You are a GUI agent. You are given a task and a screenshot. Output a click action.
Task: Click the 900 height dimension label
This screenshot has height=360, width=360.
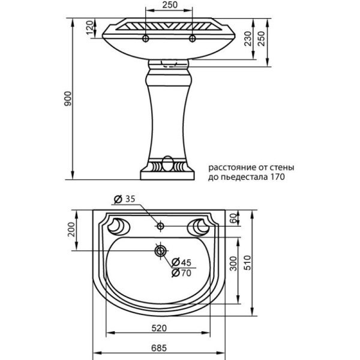point(68,100)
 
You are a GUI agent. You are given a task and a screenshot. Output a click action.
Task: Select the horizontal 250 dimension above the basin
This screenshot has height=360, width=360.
point(169,5)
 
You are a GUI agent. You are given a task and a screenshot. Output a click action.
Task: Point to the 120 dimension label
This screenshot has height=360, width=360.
point(90,29)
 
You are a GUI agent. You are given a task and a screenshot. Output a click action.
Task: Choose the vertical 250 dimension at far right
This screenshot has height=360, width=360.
point(261,40)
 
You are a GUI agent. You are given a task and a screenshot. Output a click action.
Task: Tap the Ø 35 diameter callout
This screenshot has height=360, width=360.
point(126,199)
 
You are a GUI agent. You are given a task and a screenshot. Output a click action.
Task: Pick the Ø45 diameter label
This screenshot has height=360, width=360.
point(182,262)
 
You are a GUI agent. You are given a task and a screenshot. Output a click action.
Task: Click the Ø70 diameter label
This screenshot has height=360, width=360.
point(182,272)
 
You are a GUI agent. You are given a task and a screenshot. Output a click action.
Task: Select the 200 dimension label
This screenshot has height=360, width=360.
point(71,229)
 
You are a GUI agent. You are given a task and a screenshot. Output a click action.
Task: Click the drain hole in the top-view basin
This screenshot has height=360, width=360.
point(161,250)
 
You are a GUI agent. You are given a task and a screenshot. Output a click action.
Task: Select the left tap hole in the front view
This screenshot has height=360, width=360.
point(145,40)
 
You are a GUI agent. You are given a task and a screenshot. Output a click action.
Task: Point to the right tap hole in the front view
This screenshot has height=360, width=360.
point(193,40)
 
